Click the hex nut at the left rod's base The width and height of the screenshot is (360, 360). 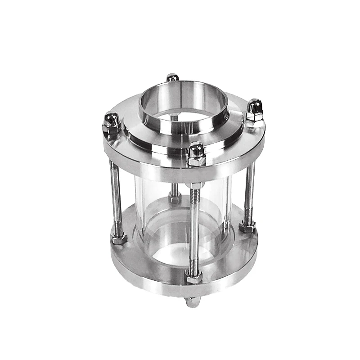119,238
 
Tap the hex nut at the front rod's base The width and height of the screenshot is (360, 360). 194,278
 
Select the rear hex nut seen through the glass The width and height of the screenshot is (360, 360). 175,197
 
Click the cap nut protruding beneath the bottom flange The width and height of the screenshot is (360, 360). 193,302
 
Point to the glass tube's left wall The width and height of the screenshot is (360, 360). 137,202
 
